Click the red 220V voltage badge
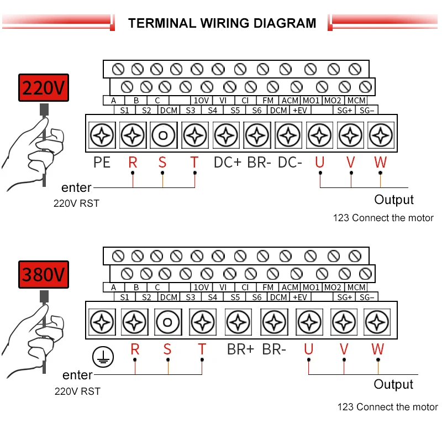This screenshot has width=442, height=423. [x=44, y=88]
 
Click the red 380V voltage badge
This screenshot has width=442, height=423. [x=44, y=274]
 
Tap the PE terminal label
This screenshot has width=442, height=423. [x=102, y=163]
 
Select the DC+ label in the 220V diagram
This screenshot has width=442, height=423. [x=227, y=163]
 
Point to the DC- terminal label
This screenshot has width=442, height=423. [x=290, y=163]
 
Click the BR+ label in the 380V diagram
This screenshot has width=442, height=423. [x=240, y=349]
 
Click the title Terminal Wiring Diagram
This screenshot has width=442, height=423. [x=222, y=23]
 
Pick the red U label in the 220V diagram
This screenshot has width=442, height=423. [x=319, y=163]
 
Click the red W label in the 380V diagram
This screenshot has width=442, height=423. [x=377, y=349]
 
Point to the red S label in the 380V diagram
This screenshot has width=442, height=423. [x=167, y=349]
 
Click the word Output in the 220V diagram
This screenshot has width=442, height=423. [x=394, y=200]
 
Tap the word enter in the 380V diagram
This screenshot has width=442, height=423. [x=77, y=375]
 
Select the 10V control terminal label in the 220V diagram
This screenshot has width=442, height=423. [x=201, y=101]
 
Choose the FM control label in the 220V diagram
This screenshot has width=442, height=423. [x=268, y=101]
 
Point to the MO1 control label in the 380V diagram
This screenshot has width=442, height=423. [x=311, y=288]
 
